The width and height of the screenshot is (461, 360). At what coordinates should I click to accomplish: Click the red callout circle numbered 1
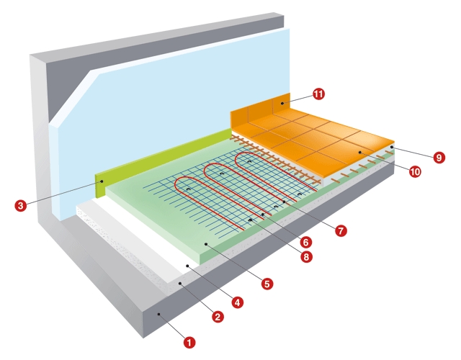(189, 343)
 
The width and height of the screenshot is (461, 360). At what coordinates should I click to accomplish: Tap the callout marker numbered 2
(217, 314)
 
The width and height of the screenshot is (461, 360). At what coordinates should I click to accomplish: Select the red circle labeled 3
(22, 205)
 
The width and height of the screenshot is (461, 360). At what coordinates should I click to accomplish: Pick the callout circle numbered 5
(267, 284)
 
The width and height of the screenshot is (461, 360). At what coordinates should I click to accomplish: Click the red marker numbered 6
(306, 242)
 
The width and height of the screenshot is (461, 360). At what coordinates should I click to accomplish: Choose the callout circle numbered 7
(341, 231)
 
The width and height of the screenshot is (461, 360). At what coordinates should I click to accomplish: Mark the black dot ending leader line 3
(102, 181)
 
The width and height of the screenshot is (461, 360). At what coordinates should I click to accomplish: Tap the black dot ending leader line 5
(207, 244)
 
